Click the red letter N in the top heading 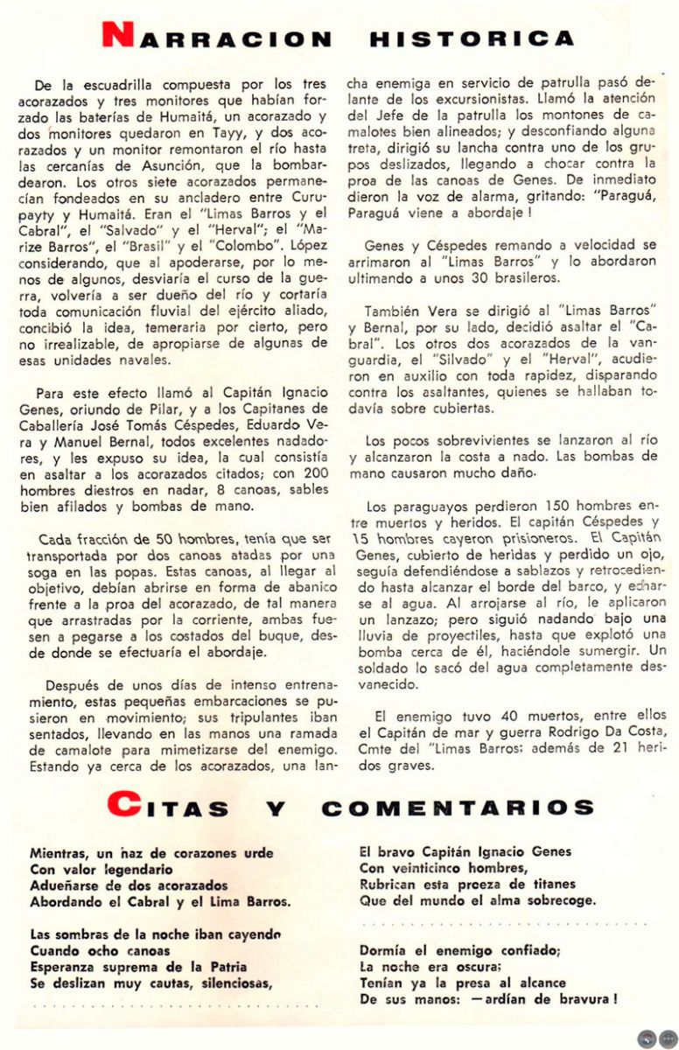pyautogui.click(x=116, y=36)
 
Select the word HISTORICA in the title pyautogui.click(x=472, y=39)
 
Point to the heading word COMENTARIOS pyautogui.click(x=447, y=808)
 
